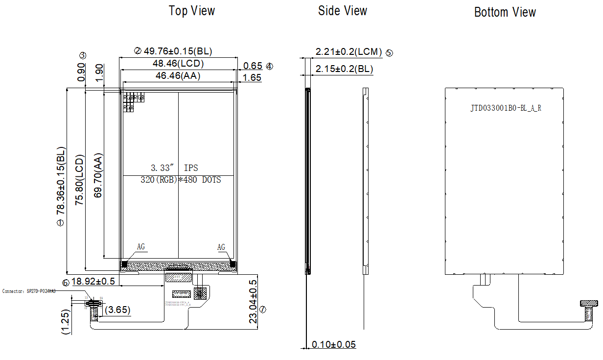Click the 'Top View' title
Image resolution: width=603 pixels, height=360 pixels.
[192, 11]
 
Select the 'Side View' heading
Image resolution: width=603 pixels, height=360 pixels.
[342, 11]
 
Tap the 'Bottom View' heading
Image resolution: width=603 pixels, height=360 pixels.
[505, 12]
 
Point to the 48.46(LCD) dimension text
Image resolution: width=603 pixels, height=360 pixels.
[178, 63]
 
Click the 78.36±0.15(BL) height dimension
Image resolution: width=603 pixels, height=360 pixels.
[61, 181]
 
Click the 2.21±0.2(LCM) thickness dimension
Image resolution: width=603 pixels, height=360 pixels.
[348, 52]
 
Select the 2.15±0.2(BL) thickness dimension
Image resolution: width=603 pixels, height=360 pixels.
[344, 69]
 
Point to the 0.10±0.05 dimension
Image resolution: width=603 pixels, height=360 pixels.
[334, 344]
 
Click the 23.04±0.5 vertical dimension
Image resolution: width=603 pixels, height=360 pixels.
[253, 302]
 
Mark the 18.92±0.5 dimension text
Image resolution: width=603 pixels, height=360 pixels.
[93, 281]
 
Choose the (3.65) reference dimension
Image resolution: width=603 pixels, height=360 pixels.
[117, 310]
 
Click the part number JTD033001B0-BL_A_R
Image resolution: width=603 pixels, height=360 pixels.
[506, 108]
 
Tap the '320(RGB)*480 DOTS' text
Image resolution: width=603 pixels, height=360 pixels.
[181, 180]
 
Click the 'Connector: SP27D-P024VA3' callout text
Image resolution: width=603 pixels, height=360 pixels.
[29, 291]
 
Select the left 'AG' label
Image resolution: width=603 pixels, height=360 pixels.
[141, 247]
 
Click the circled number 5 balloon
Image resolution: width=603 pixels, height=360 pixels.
[389, 53]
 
